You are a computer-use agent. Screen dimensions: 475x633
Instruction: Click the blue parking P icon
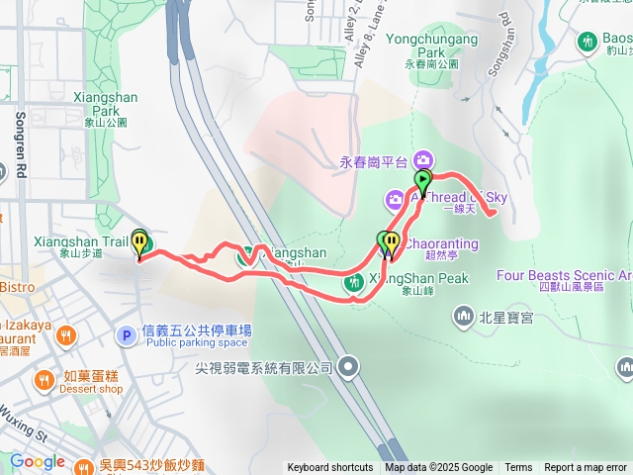[126, 336]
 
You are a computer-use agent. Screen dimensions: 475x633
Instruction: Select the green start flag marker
[423, 182]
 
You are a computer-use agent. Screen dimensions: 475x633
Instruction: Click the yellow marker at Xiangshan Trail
[140, 243]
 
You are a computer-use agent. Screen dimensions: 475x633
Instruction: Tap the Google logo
[37, 461]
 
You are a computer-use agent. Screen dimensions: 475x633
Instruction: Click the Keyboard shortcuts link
[330, 468]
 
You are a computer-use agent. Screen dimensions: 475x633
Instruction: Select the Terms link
[518, 468]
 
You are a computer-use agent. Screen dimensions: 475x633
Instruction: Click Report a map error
[586, 468]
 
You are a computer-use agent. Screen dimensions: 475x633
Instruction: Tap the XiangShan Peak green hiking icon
[353, 283]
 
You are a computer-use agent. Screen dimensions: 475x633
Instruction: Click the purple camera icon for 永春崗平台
[423, 159]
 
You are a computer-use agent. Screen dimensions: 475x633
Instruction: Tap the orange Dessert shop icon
[45, 380]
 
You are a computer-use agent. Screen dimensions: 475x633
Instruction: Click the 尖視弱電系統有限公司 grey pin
[347, 368]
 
